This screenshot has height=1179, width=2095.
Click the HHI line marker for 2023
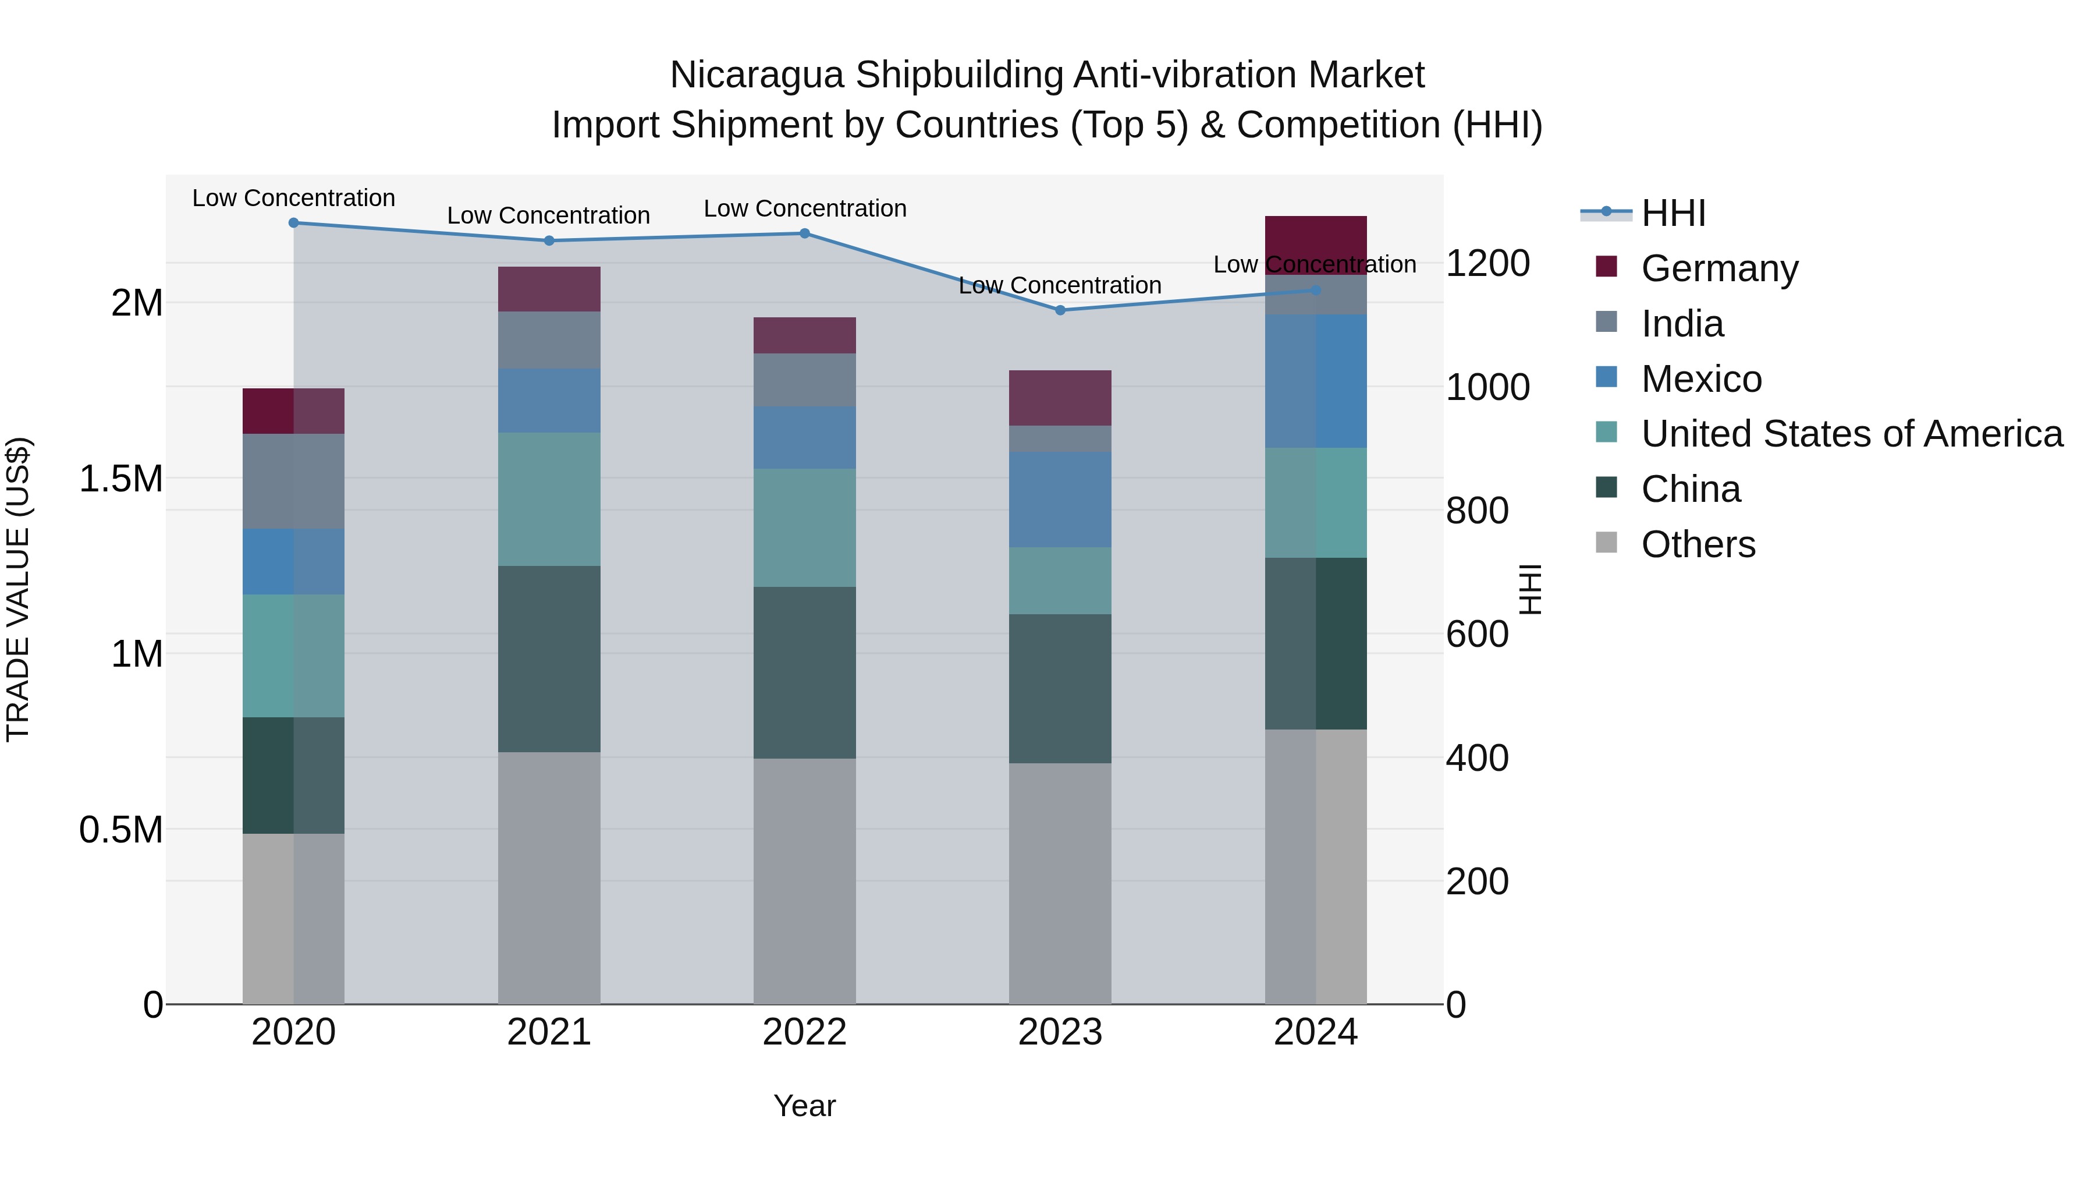[x=1060, y=310]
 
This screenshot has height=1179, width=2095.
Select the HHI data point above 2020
[x=294, y=223]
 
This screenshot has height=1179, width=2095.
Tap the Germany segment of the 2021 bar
[x=549, y=289]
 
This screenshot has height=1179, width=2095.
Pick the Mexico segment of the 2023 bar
[x=1060, y=499]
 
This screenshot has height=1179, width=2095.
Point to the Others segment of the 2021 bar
[x=549, y=877]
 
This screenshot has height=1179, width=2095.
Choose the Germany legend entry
[x=1719, y=268]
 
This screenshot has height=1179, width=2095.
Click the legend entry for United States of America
[x=1851, y=434]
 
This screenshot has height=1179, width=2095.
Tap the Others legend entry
[x=1698, y=544]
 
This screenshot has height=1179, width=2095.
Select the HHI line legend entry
[x=1673, y=213]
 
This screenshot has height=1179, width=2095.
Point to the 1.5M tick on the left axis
[x=120, y=479]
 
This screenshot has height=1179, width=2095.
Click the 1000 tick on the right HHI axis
[x=1487, y=387]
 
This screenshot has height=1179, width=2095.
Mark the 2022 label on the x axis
[x=804, y=1032]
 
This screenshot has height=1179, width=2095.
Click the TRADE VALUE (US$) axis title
[x=18, y=589]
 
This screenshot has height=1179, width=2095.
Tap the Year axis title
[x=804, y=1106]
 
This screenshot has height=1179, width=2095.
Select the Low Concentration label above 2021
[x=548, y=215]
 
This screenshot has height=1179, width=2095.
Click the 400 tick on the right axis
[x=1477, y=757]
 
